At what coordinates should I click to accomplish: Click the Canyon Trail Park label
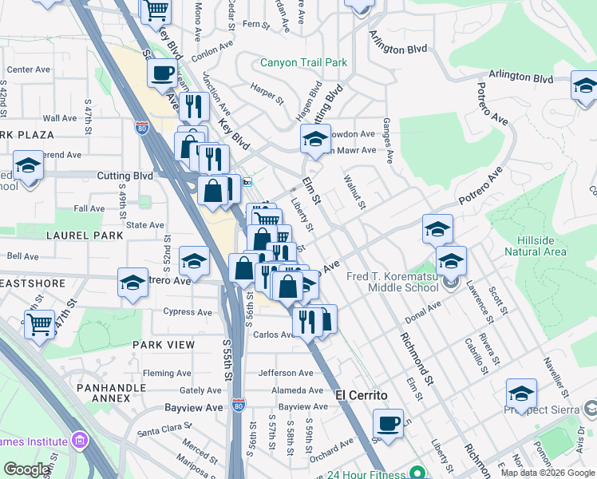click(303, 62)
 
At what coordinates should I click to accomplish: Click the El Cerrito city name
click(361, 395)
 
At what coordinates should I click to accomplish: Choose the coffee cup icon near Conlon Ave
click(163, 73)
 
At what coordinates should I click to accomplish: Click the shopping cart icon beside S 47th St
click(39, 323)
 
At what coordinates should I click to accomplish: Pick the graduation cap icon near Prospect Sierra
click(521, 394)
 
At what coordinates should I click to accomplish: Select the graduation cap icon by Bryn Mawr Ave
click(315, 139)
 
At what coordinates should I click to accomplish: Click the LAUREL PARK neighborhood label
click(85, 236)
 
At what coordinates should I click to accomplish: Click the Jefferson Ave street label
click(285, 373)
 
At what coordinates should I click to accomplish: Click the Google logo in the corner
click(26, 469)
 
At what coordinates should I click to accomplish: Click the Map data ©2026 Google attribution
click(547, 473)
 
